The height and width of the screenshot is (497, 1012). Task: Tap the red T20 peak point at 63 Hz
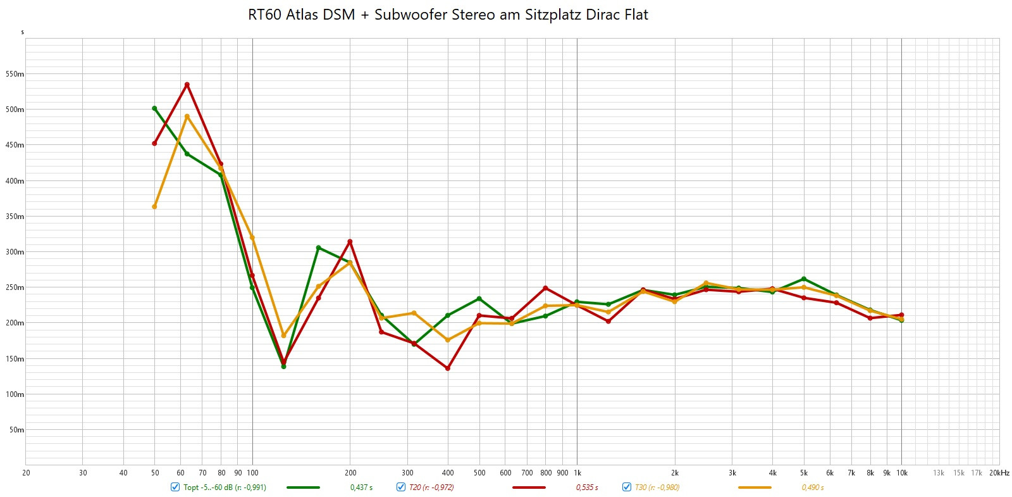pyautogui.click(x=187, y=84)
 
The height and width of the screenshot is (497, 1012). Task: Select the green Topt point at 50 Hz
pyautogui.click(x=154, y=108)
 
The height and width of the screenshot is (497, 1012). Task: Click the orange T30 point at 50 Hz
pyautogui.click(x=154, y=206)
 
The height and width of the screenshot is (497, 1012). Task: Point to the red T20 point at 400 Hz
pyautogui.click(x=448, y=368)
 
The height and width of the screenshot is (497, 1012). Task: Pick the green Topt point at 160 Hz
pyautogui.click(x=318, y=248)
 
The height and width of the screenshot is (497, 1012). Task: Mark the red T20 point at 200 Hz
pyautogui.click(x=350, y=241)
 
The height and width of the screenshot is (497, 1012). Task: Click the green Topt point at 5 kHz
pyautogui.click(x=804, y=279)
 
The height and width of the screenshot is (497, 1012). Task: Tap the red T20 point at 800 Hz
pyautogui.click(x=545, y=288)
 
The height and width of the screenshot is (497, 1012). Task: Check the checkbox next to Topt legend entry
pyautogui.click(x=175, y=487)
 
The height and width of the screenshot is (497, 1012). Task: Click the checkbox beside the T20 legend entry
pyautogui.click(x=401, y=487)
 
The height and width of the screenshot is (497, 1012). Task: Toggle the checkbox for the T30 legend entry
pyautogui.click(x=627, y=487)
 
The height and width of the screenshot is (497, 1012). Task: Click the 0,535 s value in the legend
pyautogui.click(x=586, y=488)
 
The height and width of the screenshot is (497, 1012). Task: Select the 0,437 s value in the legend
pyautogui.click(x=361, y=488)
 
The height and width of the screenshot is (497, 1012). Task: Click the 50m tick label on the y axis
pyautogui.click(x=16, y=430)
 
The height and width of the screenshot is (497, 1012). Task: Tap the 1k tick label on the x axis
pyautogui.click(x=577, y=473)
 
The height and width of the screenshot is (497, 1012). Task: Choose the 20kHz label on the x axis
pyautogui.click(x=999, y=473)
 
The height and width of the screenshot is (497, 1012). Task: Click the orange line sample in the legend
pyautogui.click(x=755, y=488)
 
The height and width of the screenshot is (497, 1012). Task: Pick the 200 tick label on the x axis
pyautogui.click(x=350, y=473)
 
